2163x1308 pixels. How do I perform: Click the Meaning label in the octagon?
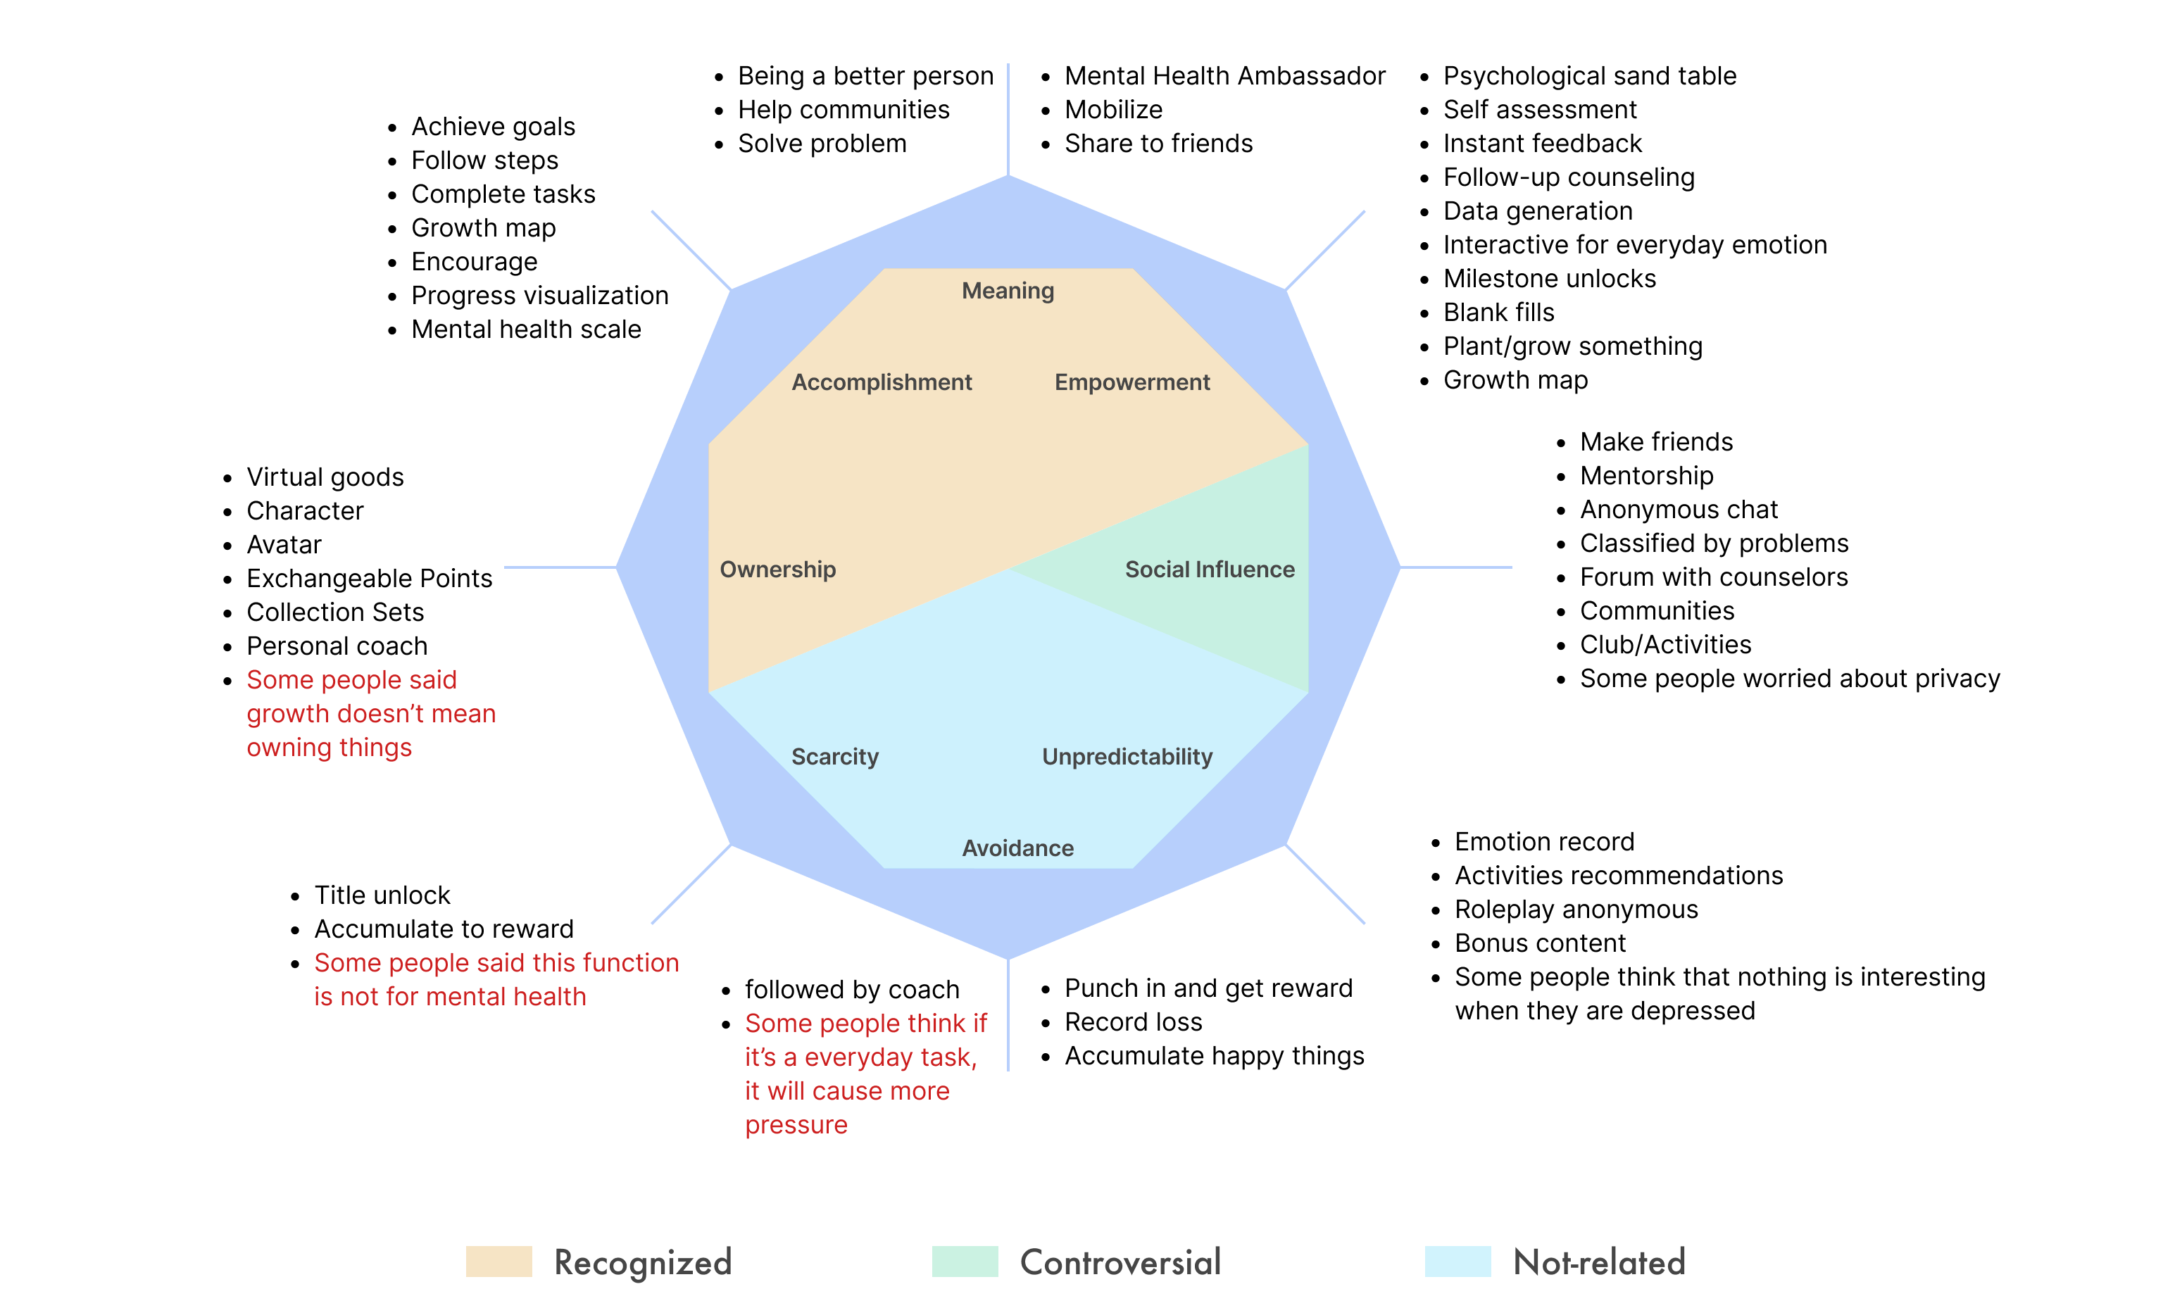[x=1008, y=291]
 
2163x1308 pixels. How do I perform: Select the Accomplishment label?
[x=882, y=383]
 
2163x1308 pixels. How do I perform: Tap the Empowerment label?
[x=1131, y=383]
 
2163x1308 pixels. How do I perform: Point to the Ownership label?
[x=778, y=570]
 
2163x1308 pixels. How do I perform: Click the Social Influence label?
[x=1210, y=570]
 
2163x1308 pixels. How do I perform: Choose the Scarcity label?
[x=835, y=757]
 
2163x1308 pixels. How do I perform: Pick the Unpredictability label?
[x=1127, y=757]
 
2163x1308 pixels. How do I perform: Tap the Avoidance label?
[x=1017, y=848]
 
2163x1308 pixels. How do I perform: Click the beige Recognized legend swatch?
[x=499, y=1262]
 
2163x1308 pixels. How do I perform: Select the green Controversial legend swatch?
[x=965, y=1262]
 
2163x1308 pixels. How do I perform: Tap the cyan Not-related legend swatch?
[x=1457, y=1262]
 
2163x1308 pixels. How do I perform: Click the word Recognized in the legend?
[x=643, y=1262]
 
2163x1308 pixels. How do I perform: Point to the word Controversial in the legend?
[x=1120, y=1262]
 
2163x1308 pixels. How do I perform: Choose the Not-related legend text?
[x=1598, y=1262]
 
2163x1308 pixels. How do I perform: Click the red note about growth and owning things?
[x=370, y=714]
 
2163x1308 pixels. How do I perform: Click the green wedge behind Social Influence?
[x=1246, y=615]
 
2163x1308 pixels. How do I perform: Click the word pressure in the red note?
[x=796, y=1126]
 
